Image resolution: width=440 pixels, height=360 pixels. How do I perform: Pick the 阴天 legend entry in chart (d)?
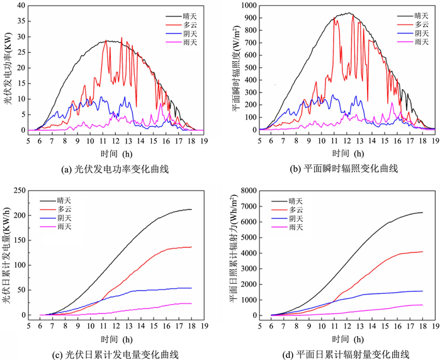point(293,217)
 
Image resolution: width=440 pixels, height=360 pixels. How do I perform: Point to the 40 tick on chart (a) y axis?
point(20,6)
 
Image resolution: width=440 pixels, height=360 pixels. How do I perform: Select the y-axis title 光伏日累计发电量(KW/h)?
point(8,255)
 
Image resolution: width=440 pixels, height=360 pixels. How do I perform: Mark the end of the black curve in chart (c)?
point(191,210)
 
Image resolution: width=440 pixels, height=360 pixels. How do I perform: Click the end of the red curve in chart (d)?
point(422,252)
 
